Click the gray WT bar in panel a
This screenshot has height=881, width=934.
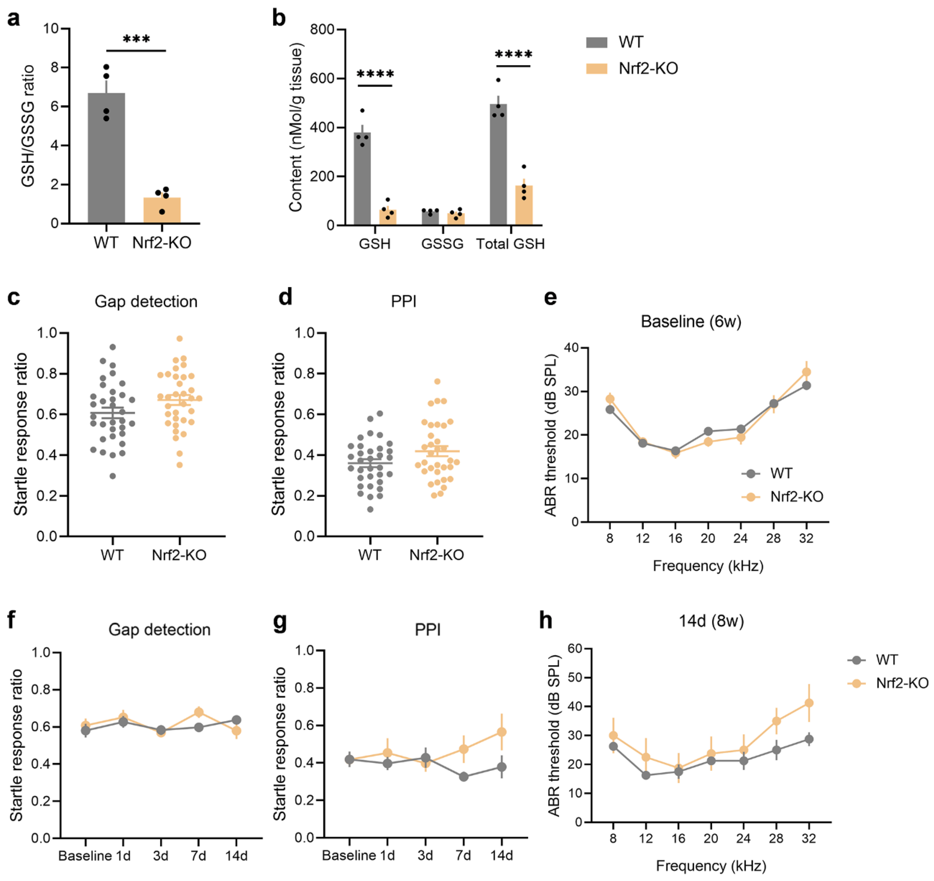(106, 160)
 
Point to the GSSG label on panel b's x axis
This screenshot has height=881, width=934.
(442, 244)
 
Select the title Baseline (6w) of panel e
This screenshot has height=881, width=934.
(691, 322)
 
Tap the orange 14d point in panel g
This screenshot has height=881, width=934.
(502, 732)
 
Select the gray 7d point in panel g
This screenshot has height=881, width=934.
(464, 777)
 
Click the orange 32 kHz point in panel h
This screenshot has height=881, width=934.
(809, 703)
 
